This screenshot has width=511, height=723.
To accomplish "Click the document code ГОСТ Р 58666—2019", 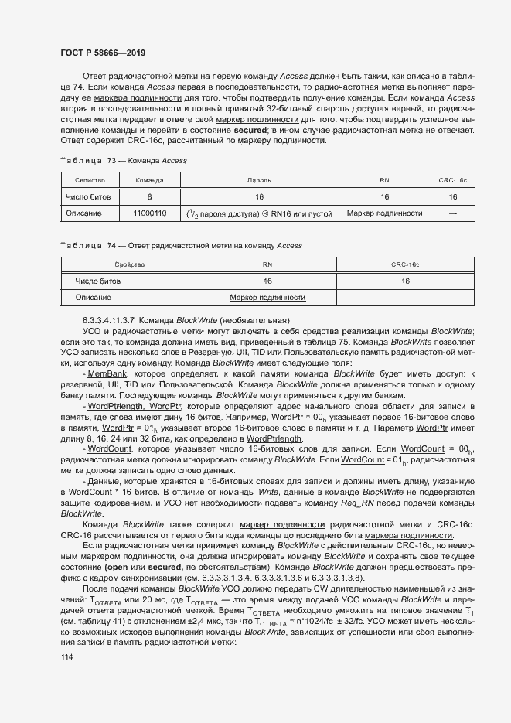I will [103, 53].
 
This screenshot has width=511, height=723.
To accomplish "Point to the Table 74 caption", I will [181, 245].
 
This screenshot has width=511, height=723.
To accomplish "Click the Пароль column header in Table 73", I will [259, 179].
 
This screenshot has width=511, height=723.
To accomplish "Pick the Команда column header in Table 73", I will [149, 179].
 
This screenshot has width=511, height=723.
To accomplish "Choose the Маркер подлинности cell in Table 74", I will [267, 297].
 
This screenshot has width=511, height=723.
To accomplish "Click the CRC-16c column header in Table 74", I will [405, 264].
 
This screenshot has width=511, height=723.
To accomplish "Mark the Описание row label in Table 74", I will [93, 297].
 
